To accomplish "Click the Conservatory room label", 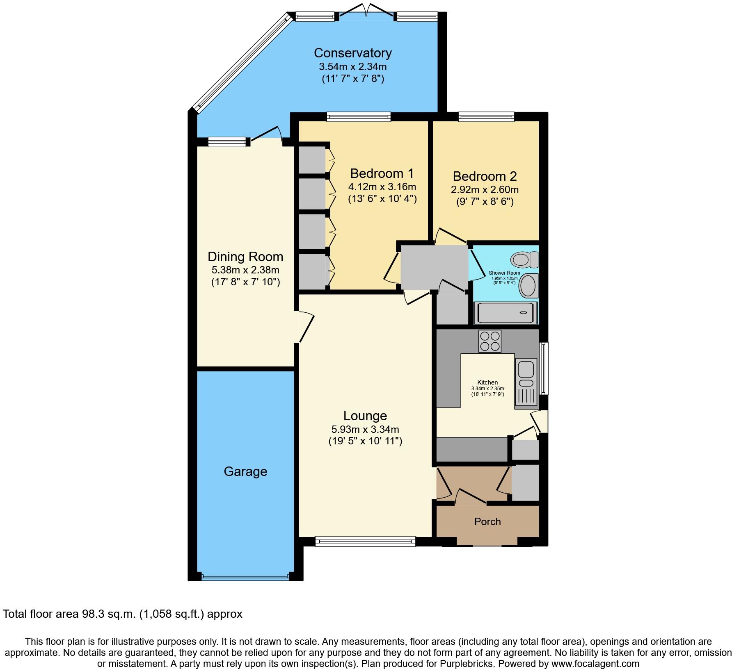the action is point(353,53).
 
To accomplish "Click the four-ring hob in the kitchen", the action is point(490,341).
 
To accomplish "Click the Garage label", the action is point(245,471).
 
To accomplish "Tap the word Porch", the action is point(487,521).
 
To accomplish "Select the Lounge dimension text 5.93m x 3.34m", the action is point(365,430).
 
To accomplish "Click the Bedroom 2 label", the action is point(485,176).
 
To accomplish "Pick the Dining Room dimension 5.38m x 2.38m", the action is point(245,270).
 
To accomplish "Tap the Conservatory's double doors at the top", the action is point(367,11).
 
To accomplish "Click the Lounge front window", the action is point(365,542).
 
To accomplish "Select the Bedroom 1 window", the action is point(359,117).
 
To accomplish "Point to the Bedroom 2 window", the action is point(486,117).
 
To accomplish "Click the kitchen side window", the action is point(544,368).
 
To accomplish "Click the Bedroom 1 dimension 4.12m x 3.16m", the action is point(382,187).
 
